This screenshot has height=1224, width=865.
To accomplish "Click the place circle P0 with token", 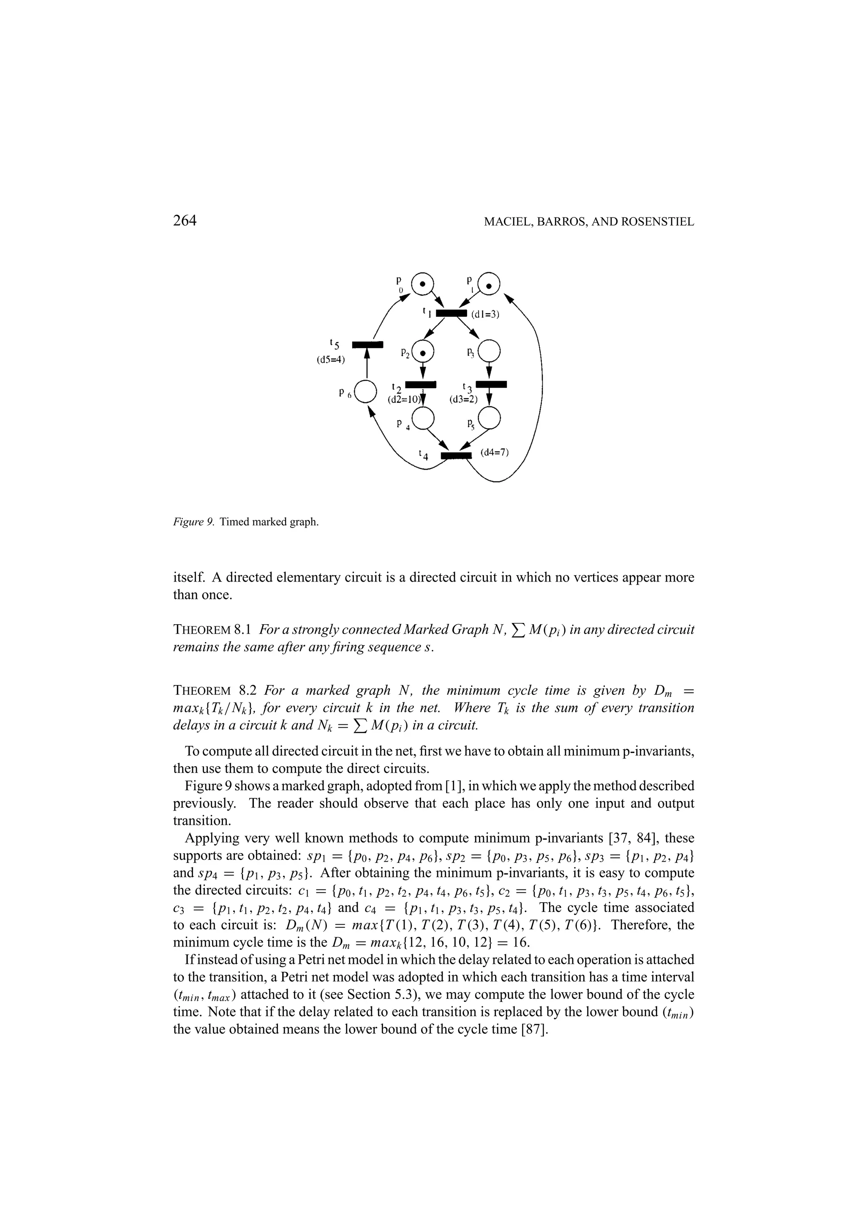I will [x=422, y=283].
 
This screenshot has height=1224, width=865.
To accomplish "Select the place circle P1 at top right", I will [x=489, y=283].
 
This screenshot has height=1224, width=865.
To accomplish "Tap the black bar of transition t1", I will [x=452, y=313].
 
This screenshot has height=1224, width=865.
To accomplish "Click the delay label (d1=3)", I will [x=485, y=315].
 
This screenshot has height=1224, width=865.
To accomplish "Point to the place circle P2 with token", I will [x=423, y=351].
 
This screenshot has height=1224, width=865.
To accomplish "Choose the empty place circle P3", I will [x=489, y=351].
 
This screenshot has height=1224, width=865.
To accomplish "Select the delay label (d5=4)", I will [x=331, y=360].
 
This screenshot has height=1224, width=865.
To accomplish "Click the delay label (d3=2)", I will [x=464, y=399].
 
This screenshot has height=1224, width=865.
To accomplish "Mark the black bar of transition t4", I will [x=457, y=455].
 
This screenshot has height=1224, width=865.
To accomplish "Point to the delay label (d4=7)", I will [x=495, y=453].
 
